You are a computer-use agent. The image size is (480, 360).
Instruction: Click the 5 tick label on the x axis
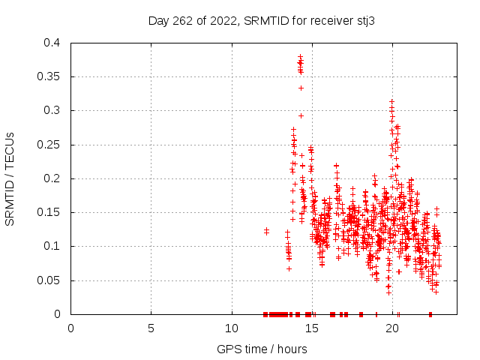[151, 328]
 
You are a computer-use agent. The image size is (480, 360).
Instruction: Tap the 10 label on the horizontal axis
[232, 328]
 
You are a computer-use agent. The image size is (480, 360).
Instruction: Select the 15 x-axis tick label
[312, 328]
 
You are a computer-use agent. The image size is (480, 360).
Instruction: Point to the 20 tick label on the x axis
[392, 328]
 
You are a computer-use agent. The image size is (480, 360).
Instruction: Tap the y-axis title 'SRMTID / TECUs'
[10, 178]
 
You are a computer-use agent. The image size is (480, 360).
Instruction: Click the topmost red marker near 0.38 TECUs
[300, 57]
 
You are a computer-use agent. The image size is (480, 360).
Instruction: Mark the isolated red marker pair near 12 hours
[266, 231]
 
